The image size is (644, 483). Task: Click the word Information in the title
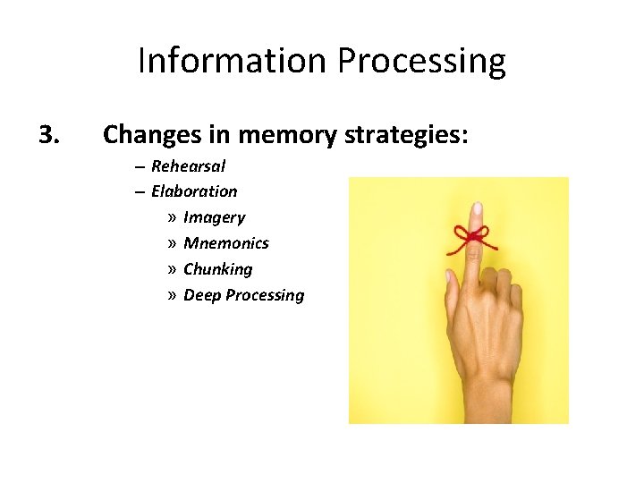(x=233, y=61)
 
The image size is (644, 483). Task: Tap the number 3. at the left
(x=49, y=134)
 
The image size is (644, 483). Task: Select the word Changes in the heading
(x=148, y=135)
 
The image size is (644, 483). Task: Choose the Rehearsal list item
(x=188, y=166)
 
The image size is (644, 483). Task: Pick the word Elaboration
(x=194, y=191)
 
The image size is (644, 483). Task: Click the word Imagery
(x=214, y=217)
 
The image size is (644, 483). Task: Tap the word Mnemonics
(x=225, y=243)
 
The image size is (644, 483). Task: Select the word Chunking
(x=217, y=269)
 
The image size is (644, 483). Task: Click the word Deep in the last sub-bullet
(x=202, y=295)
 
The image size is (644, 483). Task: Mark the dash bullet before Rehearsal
(x=140, y=166)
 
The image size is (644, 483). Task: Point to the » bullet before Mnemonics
(x=171, y=243)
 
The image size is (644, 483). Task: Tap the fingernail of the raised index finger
(x=478, y=210)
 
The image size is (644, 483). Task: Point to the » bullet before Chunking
(x=171, y=269)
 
